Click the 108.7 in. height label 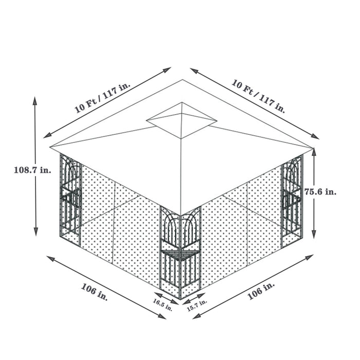(x=32, y=171)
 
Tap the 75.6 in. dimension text (x=320, y=191)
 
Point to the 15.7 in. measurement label (x=196, y=305)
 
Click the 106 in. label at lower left (x=95, y=292)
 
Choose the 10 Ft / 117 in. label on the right (x=258, y=96)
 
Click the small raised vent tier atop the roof (x=182, y=121)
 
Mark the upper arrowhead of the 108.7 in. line (x=35, y=99)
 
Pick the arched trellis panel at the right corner (x=292, y=198)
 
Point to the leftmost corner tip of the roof (x=50, y=148)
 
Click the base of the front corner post (x=180, y=297)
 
